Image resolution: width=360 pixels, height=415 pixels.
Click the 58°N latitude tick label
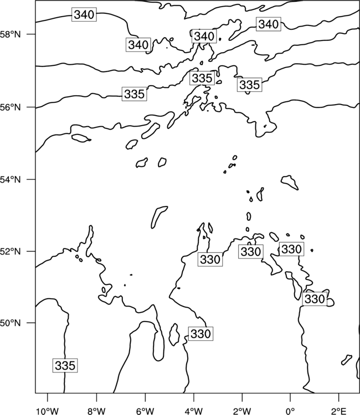(x=11, y=34)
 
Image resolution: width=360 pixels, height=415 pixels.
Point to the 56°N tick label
(x=11, y=107)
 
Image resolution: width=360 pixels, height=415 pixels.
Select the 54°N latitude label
(x=11, y=180)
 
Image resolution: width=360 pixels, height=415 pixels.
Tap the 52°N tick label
(x=11, y=251)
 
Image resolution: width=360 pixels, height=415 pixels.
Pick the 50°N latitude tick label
(x=11, y=323)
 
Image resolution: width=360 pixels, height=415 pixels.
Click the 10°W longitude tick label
(x=48, y=411)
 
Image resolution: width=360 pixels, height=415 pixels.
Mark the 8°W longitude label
(x=96, y=411)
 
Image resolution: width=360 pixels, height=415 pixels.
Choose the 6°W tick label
(x=145, y=411)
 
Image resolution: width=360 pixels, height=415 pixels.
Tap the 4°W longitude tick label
(x=194, y=411)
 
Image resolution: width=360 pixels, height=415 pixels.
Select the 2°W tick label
(x=242, y=411)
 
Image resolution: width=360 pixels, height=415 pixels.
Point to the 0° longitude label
(x=291, y=411)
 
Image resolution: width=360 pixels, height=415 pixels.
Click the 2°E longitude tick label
(x=339, y=411)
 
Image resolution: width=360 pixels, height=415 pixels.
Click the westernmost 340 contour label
(x=84, y=14)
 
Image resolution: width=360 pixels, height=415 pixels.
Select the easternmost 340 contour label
(x=269, y=24)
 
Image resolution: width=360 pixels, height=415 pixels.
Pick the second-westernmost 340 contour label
(x=138, y=45)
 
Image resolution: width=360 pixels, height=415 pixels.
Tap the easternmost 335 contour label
(x=250, y=85)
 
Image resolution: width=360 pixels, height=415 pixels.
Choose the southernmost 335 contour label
(x=65, y=366)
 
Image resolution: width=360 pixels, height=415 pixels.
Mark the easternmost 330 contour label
(x=315, y=299)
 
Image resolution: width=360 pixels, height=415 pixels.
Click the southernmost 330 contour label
(x=201, y=334)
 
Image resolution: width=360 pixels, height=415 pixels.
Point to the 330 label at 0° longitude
(x=291, y=249)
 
